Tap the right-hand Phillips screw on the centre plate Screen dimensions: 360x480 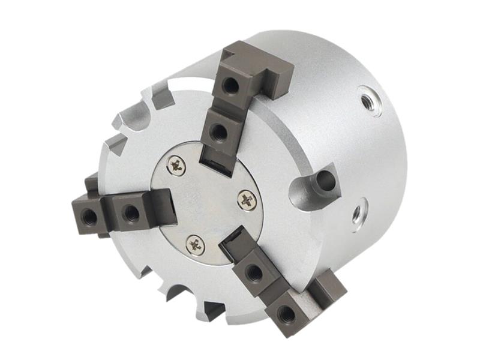[x=247, y=200]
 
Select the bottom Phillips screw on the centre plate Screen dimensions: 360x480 [x=195, y=243]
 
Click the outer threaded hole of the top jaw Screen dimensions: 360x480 [x=231, y=85]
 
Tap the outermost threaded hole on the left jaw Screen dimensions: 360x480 [x=88, y=213]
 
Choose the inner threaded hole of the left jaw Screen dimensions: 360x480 [x=130, y=212]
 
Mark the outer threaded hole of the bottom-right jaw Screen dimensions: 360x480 [x=287, y=313]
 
